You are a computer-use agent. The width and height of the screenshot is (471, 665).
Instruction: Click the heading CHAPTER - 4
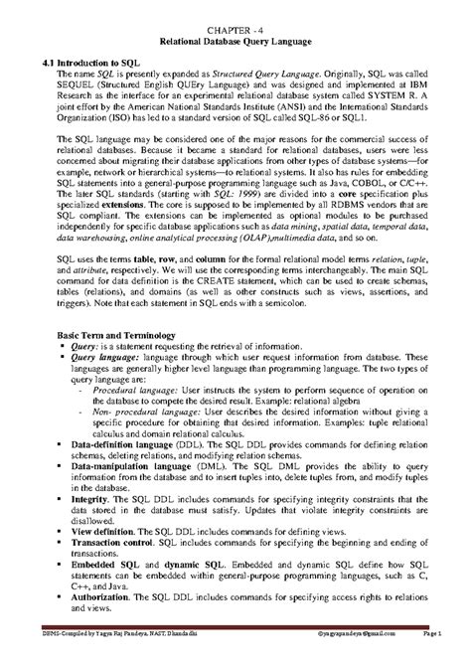(235, 33)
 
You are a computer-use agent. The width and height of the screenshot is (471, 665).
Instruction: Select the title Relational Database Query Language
(235, 46)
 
